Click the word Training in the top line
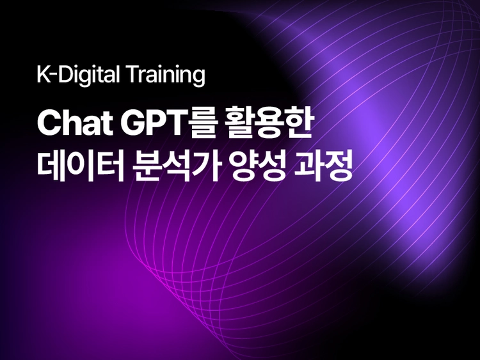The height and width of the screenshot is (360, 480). pos(166,75)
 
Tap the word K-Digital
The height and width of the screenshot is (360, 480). pos(78,75)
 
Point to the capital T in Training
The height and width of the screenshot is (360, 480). pos(133,74)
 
